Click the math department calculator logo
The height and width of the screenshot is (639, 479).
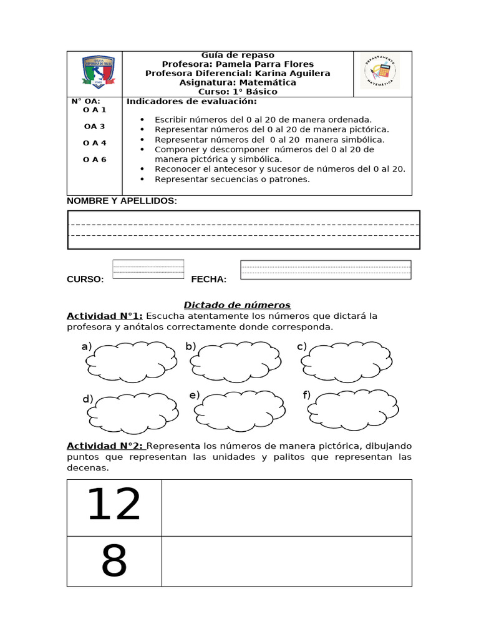[380, 71]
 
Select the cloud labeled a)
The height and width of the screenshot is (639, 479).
[131, 361]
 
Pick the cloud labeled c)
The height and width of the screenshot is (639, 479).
[351, 361]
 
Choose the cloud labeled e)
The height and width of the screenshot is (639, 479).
[239, 412]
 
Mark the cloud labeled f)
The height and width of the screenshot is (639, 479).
[353, 409]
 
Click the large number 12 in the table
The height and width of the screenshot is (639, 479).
[114, 505]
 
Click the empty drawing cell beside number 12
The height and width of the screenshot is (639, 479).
[287, 507]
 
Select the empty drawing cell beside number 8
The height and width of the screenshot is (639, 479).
[287, 561]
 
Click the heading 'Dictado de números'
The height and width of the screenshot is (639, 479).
[237, 305]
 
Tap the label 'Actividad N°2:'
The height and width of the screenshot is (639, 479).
[105, 446]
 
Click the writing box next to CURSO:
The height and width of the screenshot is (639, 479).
[148, 269]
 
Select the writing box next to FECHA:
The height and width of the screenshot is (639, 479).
[326, 270]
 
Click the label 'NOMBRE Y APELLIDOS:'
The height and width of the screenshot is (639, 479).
[122, 201]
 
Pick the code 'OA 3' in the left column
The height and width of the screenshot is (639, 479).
[94, 126]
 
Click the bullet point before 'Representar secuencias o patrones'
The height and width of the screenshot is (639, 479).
[143, 180]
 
